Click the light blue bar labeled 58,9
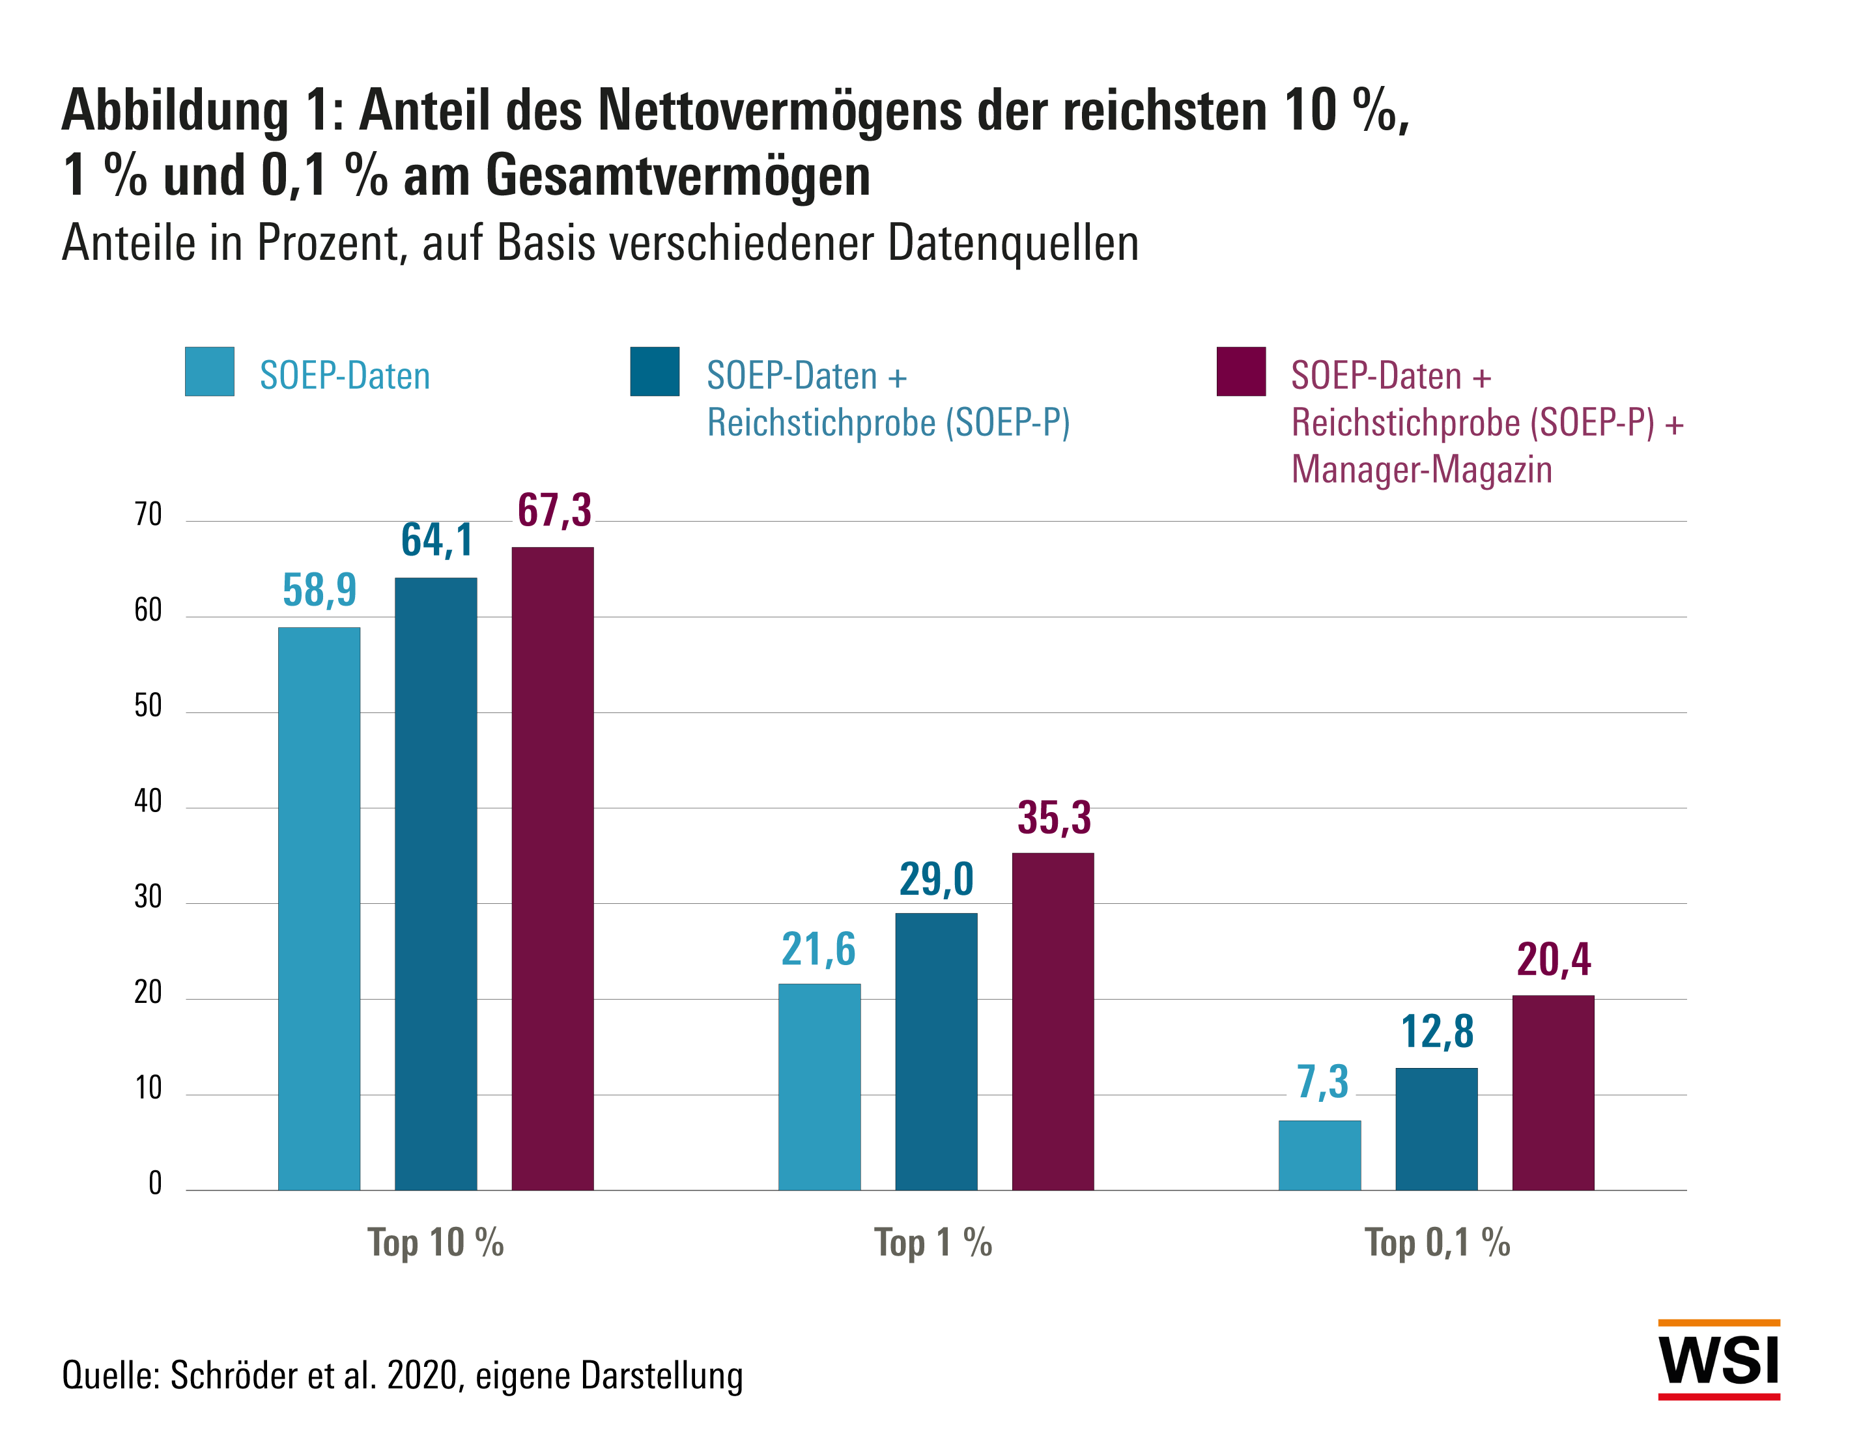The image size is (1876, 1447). click(319, 908)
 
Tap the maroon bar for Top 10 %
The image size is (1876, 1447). click(552, 867)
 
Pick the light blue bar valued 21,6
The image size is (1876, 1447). click(819, 1086)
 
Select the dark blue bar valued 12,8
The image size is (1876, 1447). click(1436, 1129)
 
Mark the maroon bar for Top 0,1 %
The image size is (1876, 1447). click(1552, 1091)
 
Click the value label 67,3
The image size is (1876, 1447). click(554, 510)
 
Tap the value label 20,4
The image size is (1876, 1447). click(1553, 959)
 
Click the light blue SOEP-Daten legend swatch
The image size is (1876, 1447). click(210, 371)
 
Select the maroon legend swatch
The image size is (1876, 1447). click(1240, 371)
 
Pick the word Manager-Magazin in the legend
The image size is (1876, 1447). click(1421, 470)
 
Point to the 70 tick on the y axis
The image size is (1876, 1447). click(148, 514)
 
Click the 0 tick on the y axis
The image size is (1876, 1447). click(154, 1183)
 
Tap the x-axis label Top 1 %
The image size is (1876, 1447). click(933, 1243)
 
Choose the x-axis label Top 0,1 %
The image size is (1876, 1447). click(1437, 1243)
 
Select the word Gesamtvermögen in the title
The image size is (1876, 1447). click(679, 176)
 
